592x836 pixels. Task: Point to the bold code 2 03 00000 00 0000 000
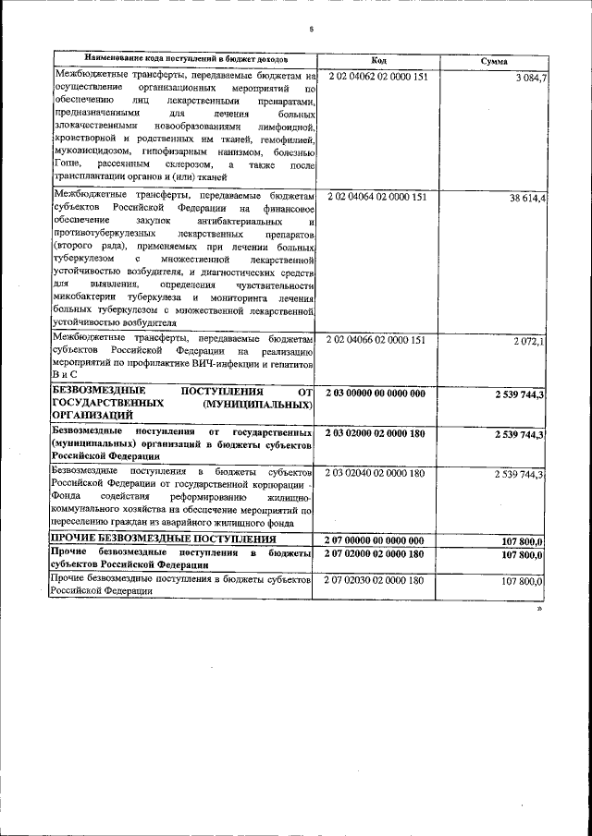click(x=376, y=394)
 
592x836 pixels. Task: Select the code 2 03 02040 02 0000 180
click(x=376, y=474)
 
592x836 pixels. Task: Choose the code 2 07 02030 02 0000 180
click(x=376, y=581)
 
